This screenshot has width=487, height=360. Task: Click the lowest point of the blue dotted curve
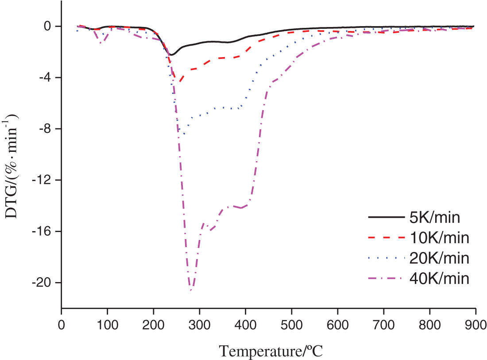pos(183,134)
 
